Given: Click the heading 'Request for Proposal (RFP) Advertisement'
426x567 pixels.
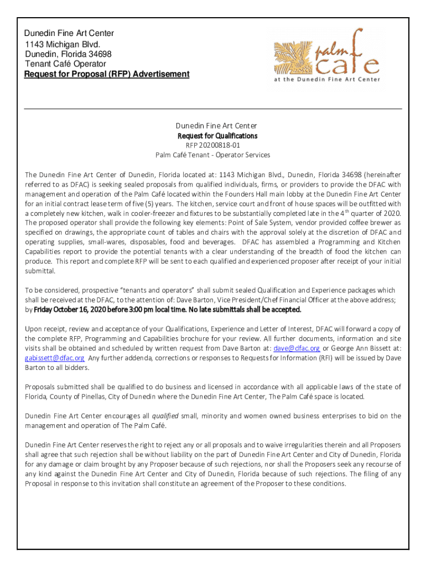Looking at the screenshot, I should point(107,74).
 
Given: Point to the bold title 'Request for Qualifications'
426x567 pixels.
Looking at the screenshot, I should point(217,136).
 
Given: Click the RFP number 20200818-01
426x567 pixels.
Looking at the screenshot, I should point(217,145).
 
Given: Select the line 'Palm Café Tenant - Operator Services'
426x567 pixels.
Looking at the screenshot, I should point(212,155).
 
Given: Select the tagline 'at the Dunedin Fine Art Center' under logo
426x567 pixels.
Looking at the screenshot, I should point(327,79).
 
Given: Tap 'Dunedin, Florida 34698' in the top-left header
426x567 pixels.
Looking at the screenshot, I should point(68,54).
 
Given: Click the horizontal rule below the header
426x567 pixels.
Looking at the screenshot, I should point(212,109).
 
